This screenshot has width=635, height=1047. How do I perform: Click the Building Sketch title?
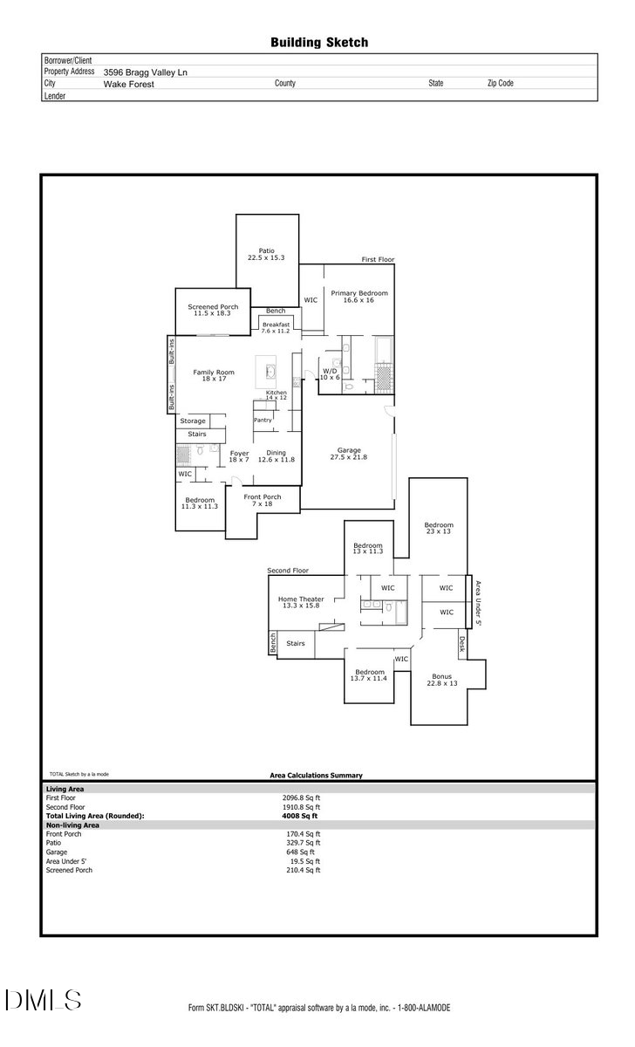point(319,42)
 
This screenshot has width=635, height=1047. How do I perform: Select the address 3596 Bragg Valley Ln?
point(145,72)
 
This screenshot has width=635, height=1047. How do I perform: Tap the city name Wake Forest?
point(128,84)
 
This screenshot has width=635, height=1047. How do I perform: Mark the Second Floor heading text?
point(289,571)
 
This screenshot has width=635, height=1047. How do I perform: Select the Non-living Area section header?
point(72,825)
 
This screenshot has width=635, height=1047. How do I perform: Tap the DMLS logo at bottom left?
point(43,1000)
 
